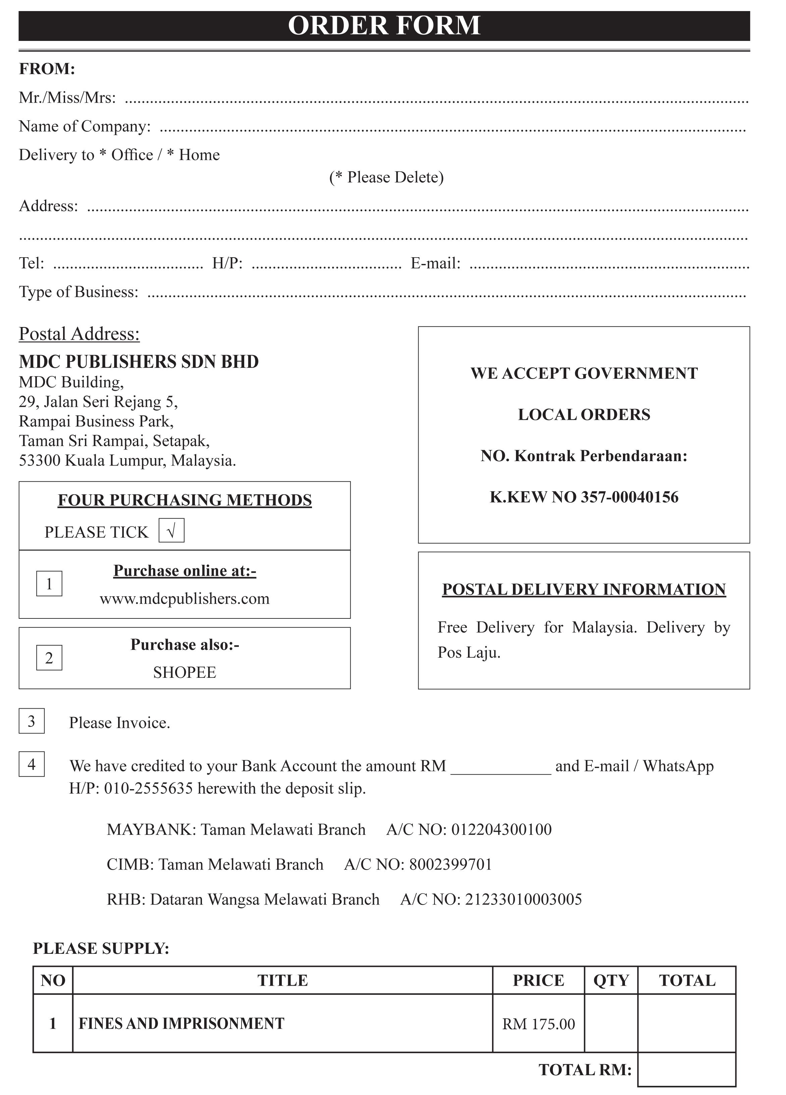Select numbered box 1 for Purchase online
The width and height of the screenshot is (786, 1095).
[49, 584]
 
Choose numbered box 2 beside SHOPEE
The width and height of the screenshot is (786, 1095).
[49, 658]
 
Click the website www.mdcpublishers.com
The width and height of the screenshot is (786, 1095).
[185, 599]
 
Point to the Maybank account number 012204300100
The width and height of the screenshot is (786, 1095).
[501, 829]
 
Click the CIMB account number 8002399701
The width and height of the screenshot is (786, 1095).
[451, 864]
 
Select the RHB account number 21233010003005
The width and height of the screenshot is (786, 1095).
[523, 899]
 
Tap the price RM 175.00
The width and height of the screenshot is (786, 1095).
[538, 1024]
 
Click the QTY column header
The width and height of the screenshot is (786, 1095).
[611, 981]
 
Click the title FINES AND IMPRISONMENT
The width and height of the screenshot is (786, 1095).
[181, 1024]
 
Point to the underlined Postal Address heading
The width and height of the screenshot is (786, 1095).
[79, 334]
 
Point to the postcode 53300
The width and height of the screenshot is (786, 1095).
[40, 460]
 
